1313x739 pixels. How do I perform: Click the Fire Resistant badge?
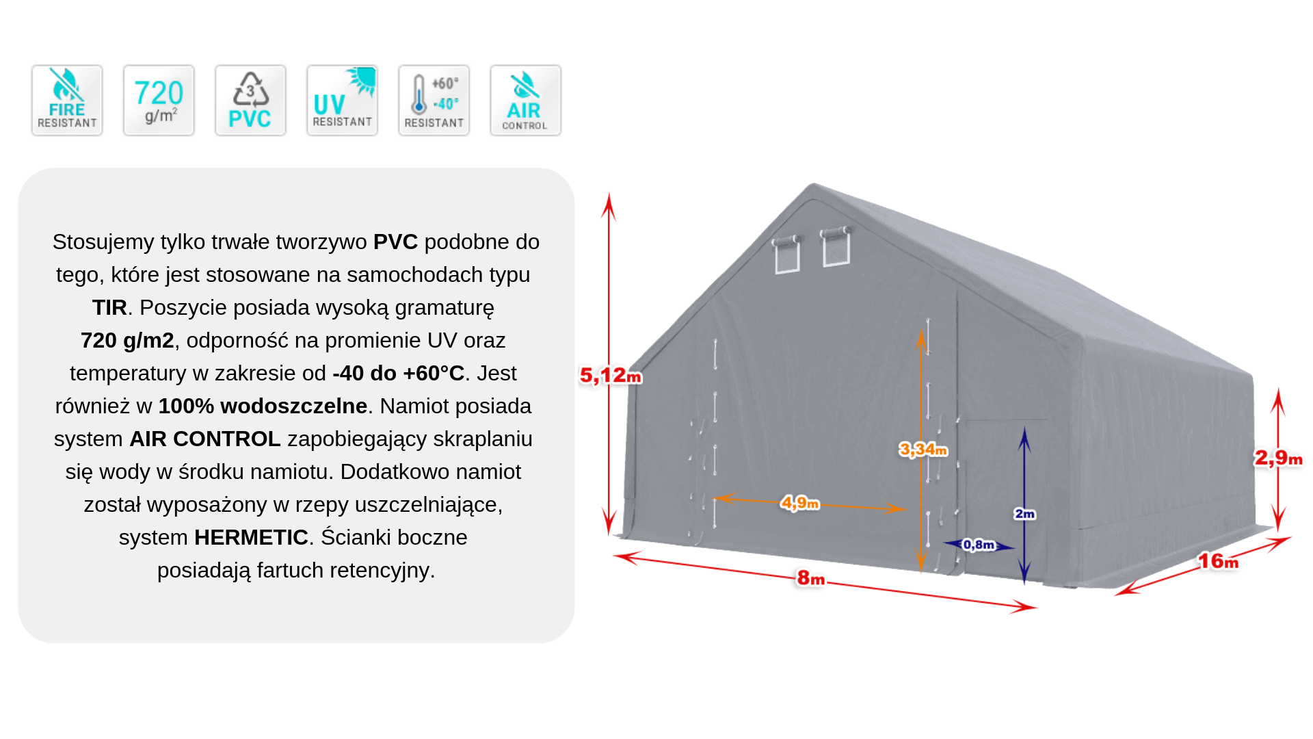click(67, 101)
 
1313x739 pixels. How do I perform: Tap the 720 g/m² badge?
click(159, 101)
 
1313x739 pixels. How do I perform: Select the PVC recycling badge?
click(250, 101)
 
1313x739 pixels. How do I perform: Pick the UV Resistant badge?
click(342, 101)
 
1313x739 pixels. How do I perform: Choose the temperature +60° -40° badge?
click(434, 101)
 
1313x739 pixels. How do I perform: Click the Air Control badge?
click(525, 101)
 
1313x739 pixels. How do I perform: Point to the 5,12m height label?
click(610, 376)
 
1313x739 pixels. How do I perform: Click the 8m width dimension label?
click(811, 578)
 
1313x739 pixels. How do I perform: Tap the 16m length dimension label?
click(1218, 562)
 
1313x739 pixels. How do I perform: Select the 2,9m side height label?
click(1277, 458)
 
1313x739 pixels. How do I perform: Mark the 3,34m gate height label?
click(923, 450)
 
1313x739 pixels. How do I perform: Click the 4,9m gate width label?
click(799, 504)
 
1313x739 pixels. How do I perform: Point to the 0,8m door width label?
click(979, 545)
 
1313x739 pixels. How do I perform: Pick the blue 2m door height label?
click(1024, 514)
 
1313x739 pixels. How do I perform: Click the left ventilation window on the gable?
click(787, 255)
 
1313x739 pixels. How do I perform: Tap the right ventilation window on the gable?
click(836, 246)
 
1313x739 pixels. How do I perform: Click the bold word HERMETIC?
click(251, 537)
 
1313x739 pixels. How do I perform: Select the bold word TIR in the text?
click(109, 307)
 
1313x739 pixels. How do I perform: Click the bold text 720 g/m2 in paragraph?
click(127, 340)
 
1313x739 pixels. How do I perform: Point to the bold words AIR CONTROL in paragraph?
click(204, 439)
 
